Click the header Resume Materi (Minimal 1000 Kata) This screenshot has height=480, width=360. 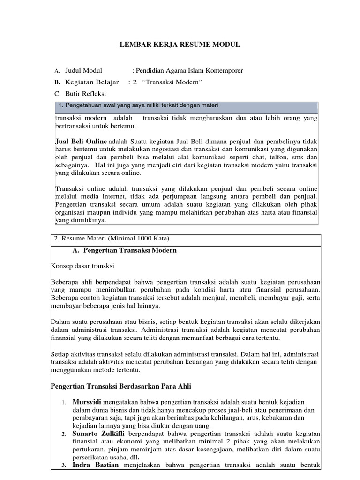point(112,239)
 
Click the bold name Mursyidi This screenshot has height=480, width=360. point(87,402)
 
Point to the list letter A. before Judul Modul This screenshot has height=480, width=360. point(57,71)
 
